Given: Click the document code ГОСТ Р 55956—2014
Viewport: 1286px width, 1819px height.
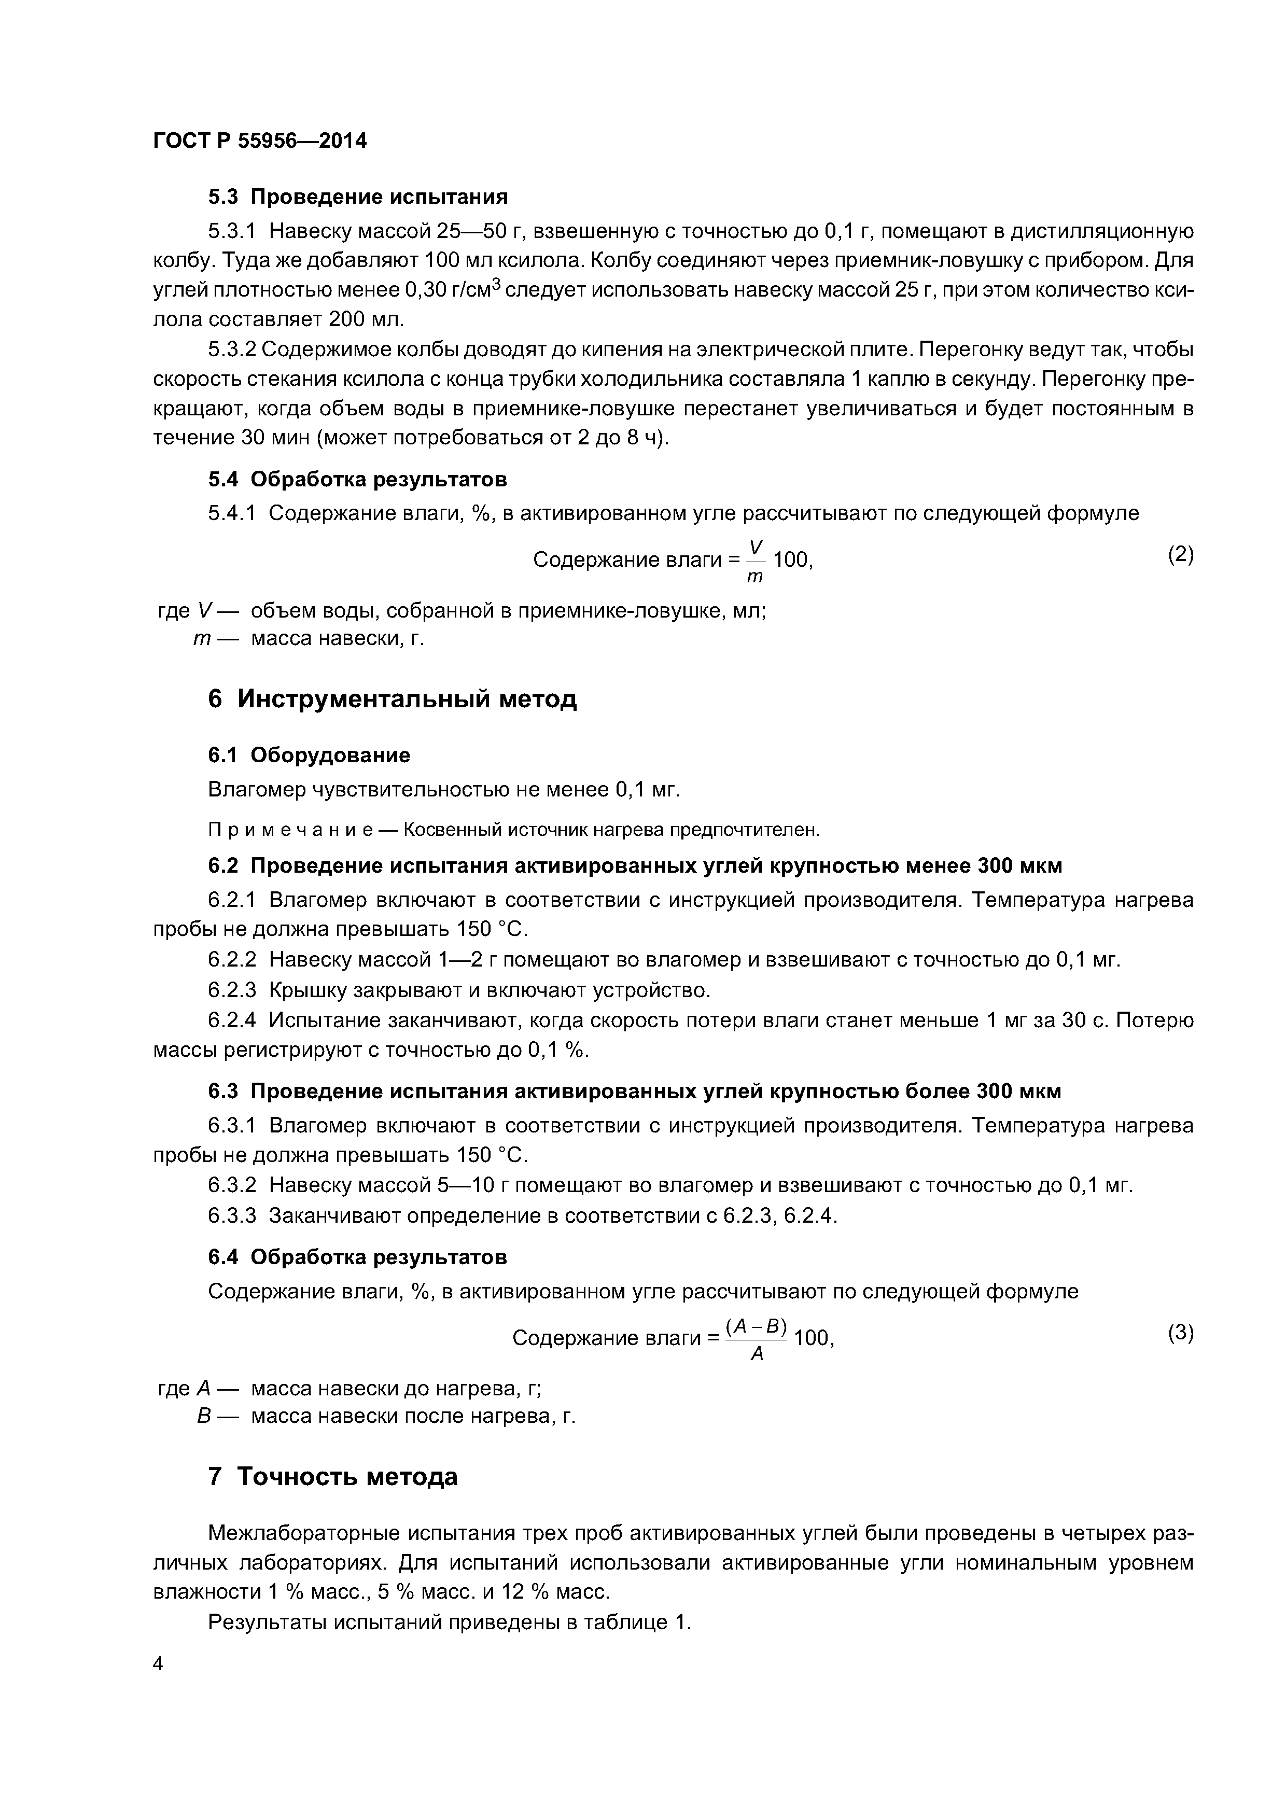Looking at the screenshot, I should click(260, 141).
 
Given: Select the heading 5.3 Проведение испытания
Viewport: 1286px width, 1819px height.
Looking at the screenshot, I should click(357, 195).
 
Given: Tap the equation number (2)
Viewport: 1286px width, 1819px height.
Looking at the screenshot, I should click(1180, 555).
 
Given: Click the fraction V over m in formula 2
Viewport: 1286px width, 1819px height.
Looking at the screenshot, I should click(754, 560).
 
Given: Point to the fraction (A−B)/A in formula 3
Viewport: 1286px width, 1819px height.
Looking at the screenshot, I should click(756, 1339).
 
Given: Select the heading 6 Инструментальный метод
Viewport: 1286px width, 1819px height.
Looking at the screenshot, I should click(392, 699).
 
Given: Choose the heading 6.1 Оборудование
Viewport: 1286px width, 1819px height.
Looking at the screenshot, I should click(309, 755).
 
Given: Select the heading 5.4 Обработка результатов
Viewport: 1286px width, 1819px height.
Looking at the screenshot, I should click(357, 479).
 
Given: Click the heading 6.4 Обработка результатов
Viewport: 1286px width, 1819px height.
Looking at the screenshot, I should click(357, 1256).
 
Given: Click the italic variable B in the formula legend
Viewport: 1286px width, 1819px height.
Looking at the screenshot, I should click(203, 1416).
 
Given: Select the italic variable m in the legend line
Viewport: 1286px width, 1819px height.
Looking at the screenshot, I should click(201, 638).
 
